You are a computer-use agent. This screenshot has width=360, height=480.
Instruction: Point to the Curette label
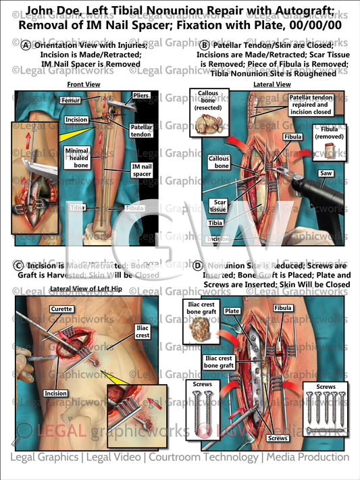tap(61, 309)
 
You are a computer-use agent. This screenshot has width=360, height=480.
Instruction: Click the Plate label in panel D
tap(232, 311)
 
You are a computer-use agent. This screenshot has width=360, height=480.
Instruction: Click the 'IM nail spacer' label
tap(142, 169)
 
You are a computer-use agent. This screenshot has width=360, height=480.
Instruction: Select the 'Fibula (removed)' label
tap(328, 134)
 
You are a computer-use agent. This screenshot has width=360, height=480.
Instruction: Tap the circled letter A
tap(25, 45)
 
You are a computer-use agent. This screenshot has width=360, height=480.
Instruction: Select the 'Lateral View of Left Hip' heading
tap(86, 290)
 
